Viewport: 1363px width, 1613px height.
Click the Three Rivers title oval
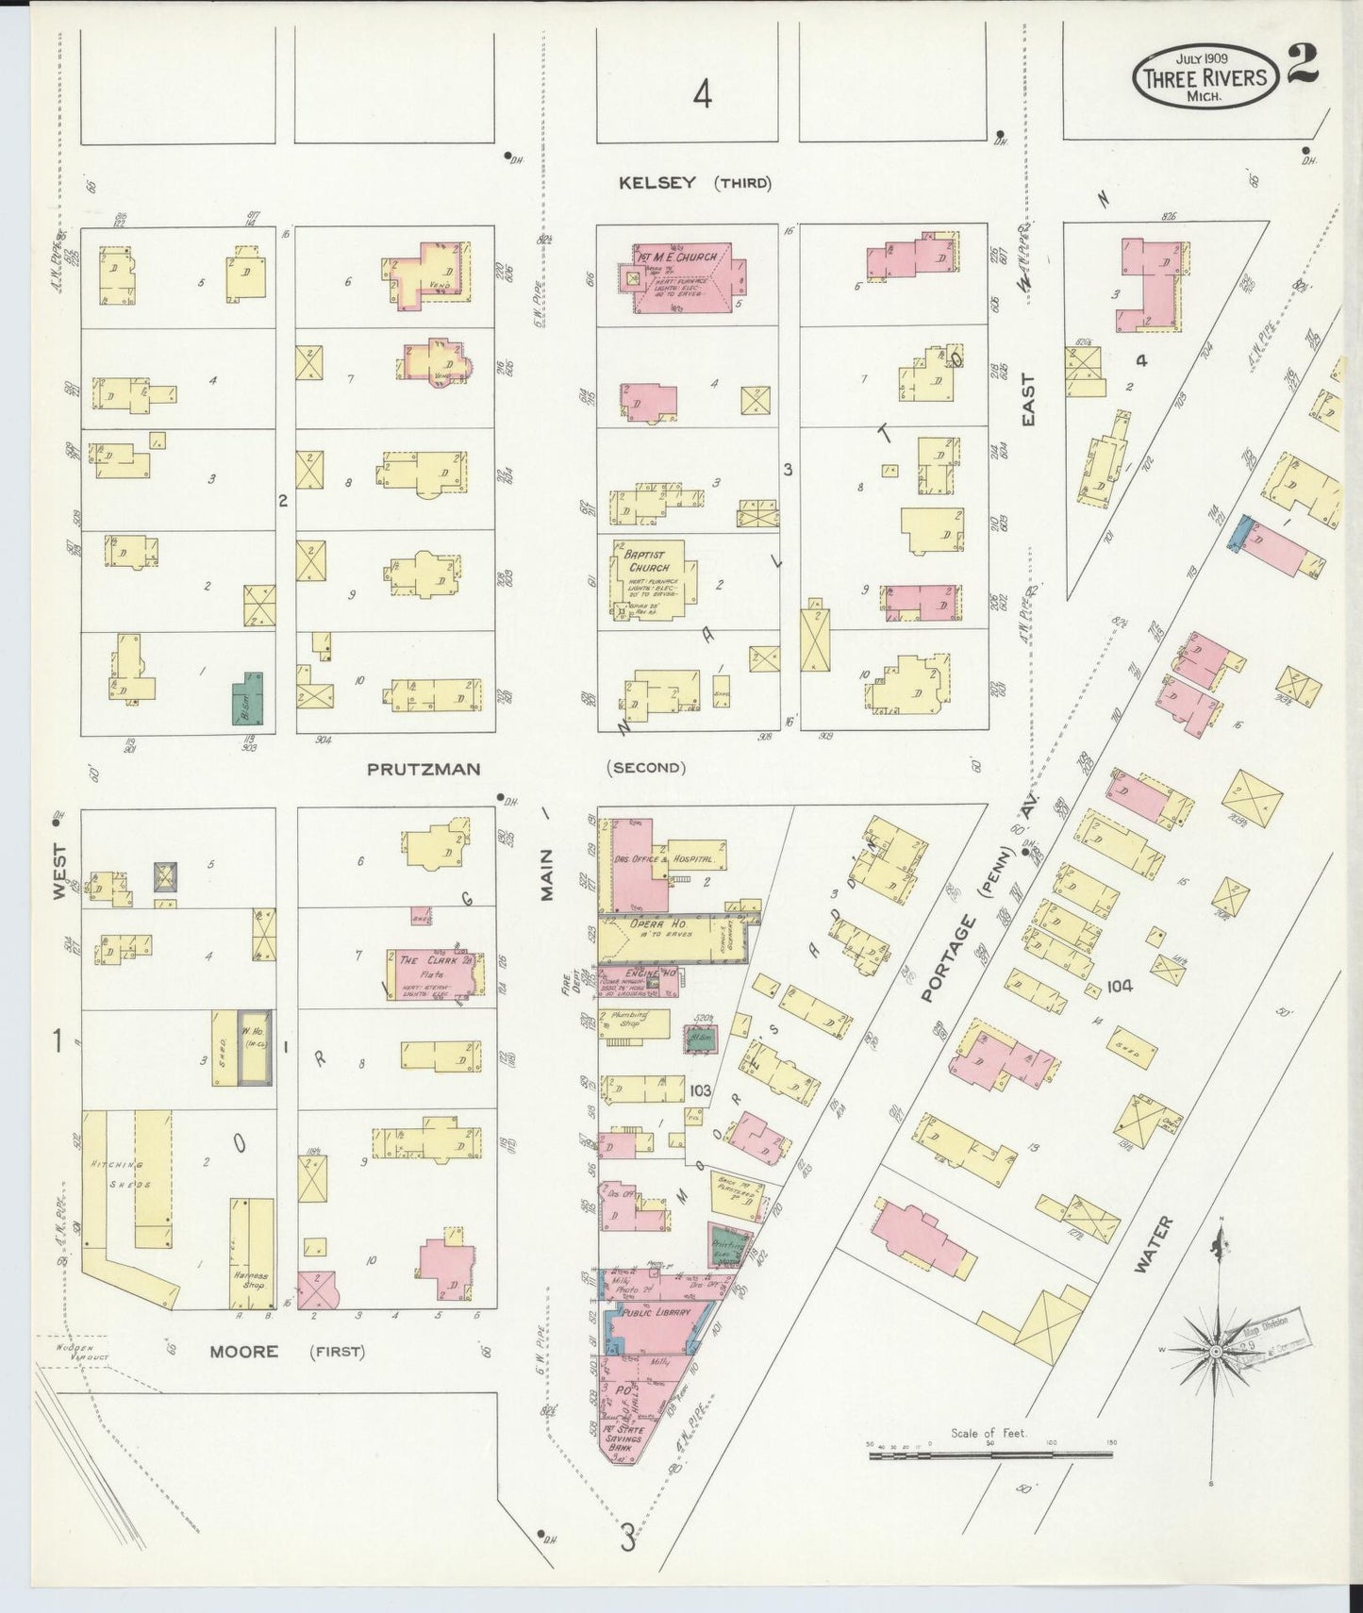[x=1205, y=76]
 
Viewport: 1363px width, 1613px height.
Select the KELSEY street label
[x=657, y=182]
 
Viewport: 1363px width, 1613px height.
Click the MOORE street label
[x=243, y=1352]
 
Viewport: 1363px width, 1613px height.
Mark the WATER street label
[x=1154, y=1245]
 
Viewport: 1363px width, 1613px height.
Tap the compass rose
[x=1217, y=1350]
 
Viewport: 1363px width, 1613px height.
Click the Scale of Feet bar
[x=989, y=1456]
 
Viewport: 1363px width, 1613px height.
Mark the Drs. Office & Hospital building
[x=660, y=861]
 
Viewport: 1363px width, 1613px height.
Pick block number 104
[x=1120, y=987]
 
